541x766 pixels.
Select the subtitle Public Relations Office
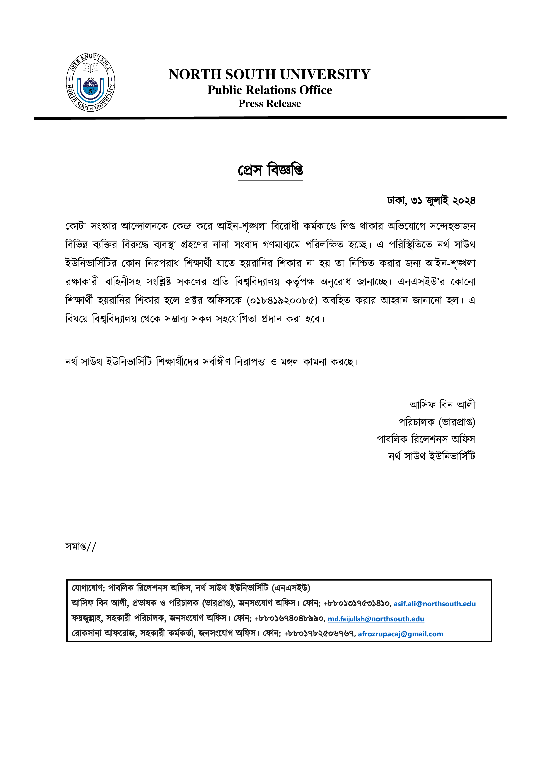[x=270, y=90]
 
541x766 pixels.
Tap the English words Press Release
[x=270, y=104]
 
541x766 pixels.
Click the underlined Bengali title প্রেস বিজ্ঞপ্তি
[x=270, y=170]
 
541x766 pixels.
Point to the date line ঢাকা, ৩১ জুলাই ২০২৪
[x=431, y=201]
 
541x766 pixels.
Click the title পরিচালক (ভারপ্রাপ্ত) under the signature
[x=437, y=422]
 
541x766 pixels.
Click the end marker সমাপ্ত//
[x=80, y=547]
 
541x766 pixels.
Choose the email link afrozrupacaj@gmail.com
[x=400, y=634]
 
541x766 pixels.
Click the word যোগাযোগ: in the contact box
[x=88, y=588]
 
